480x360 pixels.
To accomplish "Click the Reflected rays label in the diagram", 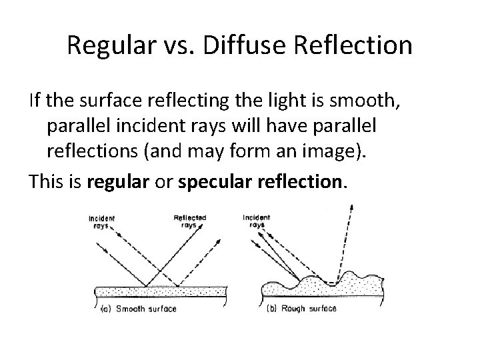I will click(x=189, y=221).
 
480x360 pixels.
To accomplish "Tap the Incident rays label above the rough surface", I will click(x=257, y=221).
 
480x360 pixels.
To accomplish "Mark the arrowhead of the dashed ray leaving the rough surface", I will click(x=352, y=208).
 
